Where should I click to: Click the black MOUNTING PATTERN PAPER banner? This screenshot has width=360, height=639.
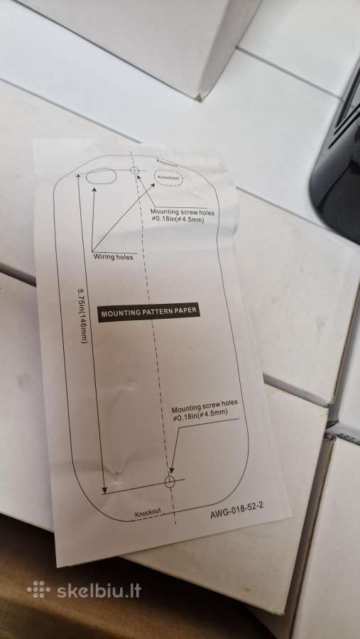pos(149,312)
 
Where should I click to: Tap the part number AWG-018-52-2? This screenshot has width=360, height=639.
pos(237,510)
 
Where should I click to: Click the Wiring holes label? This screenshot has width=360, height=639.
pos(113,257)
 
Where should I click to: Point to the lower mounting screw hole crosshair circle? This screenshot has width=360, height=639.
pos(170,481)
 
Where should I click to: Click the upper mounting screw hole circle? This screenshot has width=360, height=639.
pos(134,170)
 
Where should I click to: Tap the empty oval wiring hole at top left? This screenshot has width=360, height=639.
pos(101,177)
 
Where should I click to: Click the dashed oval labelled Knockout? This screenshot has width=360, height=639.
pos(168,177)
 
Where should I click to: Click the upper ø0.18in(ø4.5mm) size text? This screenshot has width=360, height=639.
pos(178,219)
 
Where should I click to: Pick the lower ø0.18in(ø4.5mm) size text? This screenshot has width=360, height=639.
pos(200,415)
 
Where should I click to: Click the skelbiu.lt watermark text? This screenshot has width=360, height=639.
pos(99,591)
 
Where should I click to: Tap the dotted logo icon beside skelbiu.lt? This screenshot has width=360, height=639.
pos(39,590)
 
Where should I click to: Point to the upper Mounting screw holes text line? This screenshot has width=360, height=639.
pos(182,212)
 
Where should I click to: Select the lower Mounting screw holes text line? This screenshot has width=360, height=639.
pos(204,405)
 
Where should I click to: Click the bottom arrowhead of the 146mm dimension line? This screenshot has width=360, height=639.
pos(104,488)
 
